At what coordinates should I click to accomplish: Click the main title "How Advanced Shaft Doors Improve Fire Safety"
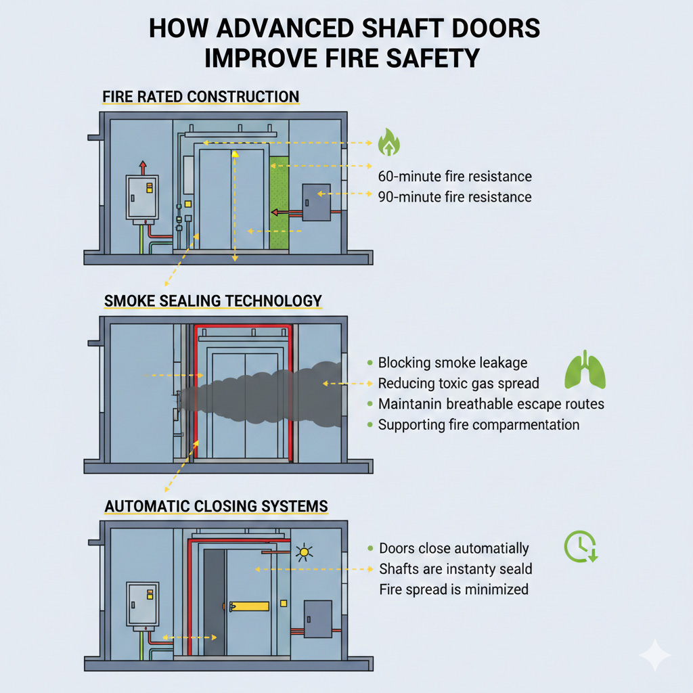tap(346, 43)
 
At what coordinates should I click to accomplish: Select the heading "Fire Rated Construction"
tap(200, 96)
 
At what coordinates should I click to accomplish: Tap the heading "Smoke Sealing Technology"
tap(213, 300)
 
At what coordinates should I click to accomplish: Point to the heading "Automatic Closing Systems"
tap(216, 506)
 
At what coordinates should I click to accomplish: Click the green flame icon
tap(388, 142)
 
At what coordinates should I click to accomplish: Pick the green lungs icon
tap(585, 371)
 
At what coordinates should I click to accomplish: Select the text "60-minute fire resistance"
tap(454, 177)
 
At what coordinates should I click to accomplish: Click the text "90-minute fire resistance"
tap(454, 197)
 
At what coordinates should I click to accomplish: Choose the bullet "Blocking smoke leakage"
tap(452, 363)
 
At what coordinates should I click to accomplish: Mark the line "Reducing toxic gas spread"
tap(458, 384)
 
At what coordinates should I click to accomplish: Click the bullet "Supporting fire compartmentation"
tap(478, 425)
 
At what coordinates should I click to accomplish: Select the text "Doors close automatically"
tap(453, 548)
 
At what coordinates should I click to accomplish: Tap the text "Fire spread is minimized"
tap(453, 589)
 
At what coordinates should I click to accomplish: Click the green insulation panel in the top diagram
tap(278, 196)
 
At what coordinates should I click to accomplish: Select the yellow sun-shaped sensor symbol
tap(304, 552)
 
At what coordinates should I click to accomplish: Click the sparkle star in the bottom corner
tap(655, 655)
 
